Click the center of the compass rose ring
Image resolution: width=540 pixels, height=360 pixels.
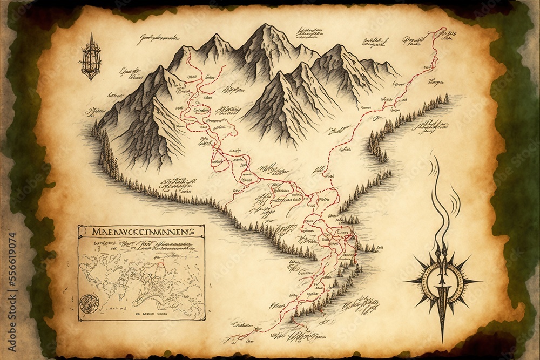click(442, 280)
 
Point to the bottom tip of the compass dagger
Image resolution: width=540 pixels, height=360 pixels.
click(443, 340)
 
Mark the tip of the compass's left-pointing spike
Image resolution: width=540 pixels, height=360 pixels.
click(406, 281)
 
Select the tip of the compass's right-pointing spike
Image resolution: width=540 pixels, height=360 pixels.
click(481, 281)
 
